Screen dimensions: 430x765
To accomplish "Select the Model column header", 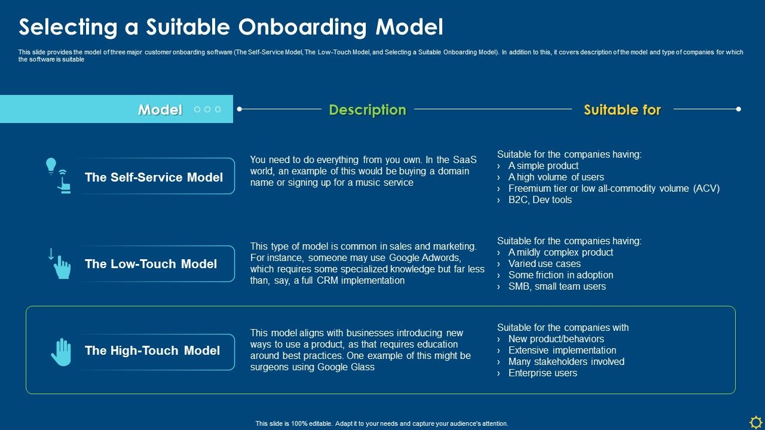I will point(160,110).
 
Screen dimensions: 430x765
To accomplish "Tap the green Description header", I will point(368,110).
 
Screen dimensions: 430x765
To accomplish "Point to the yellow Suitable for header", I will point(622,110).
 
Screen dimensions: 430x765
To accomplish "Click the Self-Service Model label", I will point(154,177).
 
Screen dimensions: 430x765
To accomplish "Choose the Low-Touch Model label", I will point(151,264).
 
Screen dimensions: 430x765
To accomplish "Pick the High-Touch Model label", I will point(152,351).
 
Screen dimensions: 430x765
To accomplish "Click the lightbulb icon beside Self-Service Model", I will point(51,165).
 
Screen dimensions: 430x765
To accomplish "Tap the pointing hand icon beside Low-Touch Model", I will point(62,268).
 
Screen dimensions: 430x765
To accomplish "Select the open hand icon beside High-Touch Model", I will point(61,352).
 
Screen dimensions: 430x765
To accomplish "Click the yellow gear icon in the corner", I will point(755,421).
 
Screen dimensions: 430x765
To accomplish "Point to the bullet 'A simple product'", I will point(543,166).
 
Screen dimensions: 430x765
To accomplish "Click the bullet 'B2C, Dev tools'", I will point(540,200).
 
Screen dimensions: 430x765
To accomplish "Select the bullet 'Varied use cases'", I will point(544,264).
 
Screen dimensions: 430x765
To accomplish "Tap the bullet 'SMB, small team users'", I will point(557,287).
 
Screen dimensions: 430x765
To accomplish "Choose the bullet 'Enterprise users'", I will point(543,373).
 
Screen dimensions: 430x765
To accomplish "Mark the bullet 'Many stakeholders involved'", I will point(566,362).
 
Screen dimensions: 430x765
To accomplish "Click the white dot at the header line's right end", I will point(739,109).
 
